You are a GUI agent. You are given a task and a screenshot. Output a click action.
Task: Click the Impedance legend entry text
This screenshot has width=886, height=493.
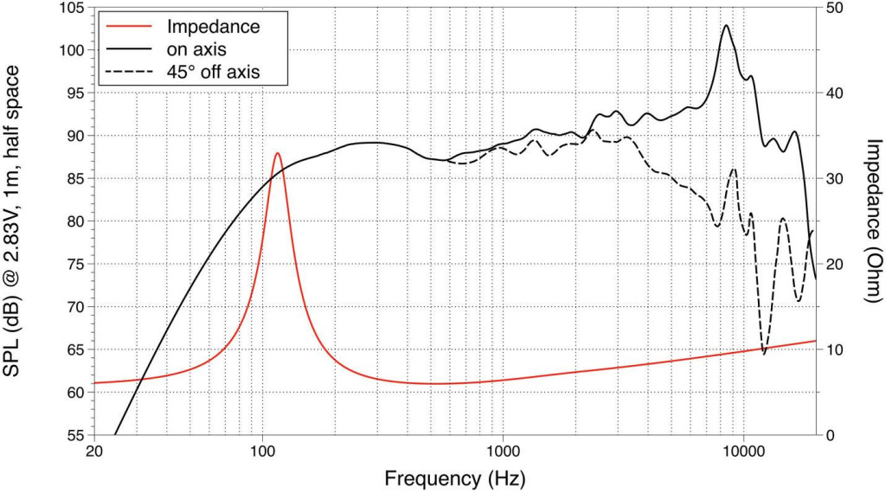(x=213, y=26)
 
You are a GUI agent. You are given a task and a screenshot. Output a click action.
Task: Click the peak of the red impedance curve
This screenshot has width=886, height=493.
(x=277, y=153)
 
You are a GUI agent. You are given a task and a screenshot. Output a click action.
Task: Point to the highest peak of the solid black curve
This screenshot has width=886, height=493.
(x=726, y=25)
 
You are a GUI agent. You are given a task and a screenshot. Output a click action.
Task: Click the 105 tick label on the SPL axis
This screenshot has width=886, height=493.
(x=72, y=8)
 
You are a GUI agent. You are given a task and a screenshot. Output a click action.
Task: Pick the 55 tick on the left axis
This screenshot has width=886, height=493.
(x=76, y=434)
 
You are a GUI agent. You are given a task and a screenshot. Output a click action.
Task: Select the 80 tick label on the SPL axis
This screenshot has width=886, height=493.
(x=76, y=221)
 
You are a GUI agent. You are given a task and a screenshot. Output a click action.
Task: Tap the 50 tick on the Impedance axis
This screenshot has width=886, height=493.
(x=838, y=8)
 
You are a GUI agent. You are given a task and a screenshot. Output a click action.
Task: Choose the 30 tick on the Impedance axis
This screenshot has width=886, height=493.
(x=838, y=178)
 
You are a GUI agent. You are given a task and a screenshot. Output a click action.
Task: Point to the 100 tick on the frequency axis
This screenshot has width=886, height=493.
(x=262, y=451)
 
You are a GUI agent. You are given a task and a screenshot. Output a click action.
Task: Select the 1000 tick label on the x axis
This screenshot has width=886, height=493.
(x=503, y=451)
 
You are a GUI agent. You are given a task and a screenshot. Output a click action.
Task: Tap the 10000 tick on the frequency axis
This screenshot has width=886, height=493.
(x=744, y=451)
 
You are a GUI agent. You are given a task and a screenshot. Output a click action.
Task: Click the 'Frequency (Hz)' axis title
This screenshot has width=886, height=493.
(x=454, y=477)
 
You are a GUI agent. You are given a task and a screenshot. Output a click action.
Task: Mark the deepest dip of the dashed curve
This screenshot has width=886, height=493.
(x=763, y=352)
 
